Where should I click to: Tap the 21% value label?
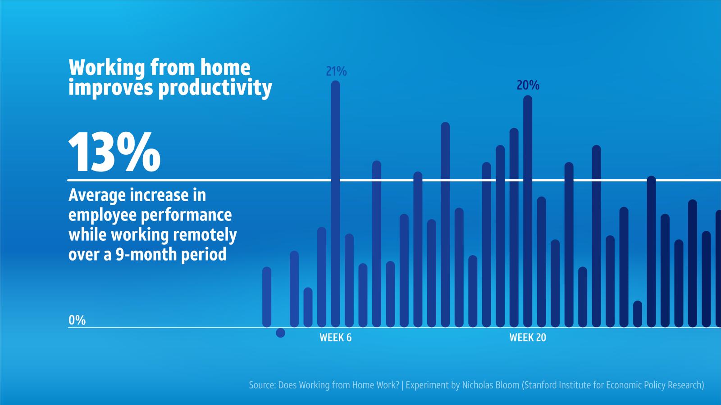point(336,71)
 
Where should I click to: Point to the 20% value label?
point(528,85)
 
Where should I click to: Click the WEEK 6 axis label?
point(335,337)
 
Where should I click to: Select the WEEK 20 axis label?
point(527,337)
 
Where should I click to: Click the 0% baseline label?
point(77,320)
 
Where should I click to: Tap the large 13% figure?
point(114,153)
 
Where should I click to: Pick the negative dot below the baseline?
point(280,333)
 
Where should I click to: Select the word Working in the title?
point(107,67)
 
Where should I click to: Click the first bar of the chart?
point(267,297)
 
